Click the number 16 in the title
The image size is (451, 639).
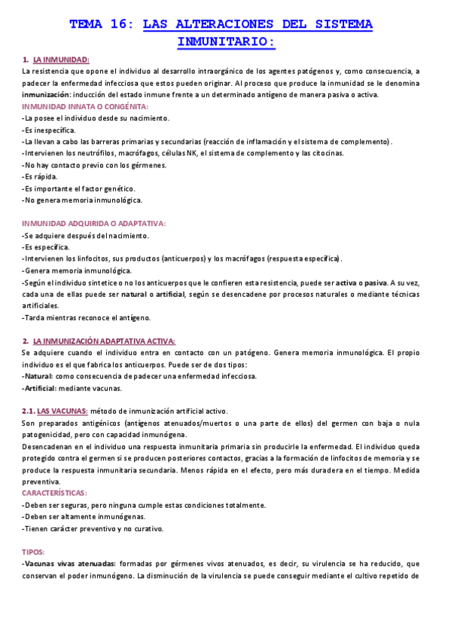[121, 24]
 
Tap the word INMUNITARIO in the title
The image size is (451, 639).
[224, 41]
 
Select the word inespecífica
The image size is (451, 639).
[47, 130]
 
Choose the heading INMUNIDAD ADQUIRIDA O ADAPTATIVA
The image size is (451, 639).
[93, 224]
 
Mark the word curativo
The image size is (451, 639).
[148, 528]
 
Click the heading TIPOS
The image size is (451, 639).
[34, 552]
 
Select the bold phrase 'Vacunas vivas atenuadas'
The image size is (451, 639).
[70, 564]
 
